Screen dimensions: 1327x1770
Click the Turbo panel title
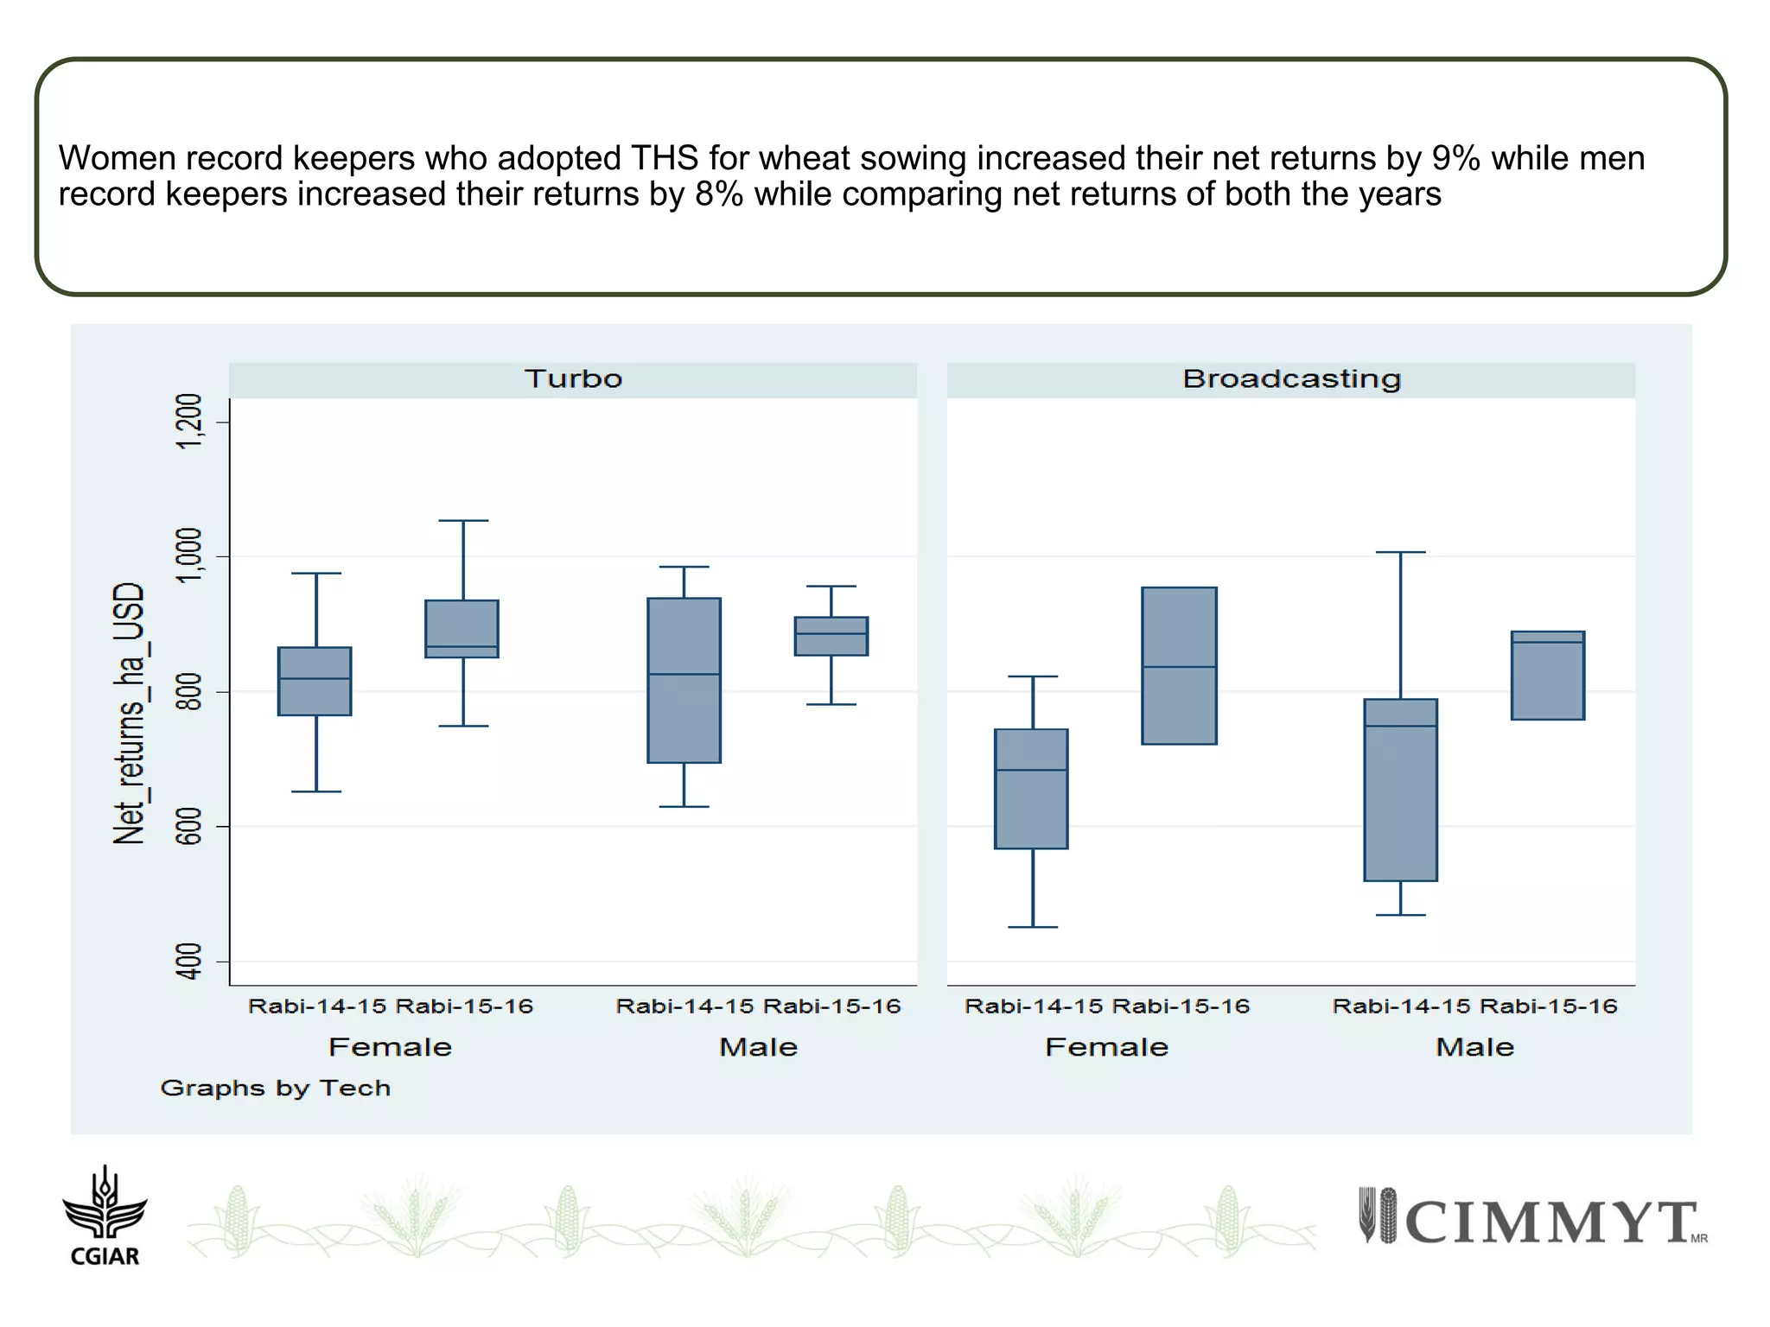[573, 379]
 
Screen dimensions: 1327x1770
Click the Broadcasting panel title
[1291, 379]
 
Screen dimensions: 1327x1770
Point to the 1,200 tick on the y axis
[189, 422]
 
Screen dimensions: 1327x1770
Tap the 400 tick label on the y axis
[189, 962]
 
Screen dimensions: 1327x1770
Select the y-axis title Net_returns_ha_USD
[129, 713]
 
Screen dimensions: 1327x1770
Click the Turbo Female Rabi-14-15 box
[315, 682]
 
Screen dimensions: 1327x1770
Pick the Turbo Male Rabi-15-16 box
[831, 637]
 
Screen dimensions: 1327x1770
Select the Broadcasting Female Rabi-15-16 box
[1179, 666]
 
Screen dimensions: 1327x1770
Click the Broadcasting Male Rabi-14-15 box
[1400, 790]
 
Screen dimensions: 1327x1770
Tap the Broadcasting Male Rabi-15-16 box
[1547, 676]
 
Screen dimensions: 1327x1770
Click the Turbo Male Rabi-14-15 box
[684, 681]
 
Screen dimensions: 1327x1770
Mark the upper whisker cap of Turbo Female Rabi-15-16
[463, 521]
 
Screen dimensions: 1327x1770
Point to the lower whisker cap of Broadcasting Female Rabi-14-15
[1032, 927]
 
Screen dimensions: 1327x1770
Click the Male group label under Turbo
[758, 1048]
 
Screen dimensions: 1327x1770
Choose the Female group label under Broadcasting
[1106, 1048]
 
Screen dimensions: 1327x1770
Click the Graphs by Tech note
[276, 1089]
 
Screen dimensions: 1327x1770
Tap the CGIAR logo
[105, 1216]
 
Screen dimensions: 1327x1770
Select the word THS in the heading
[664, 159]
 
